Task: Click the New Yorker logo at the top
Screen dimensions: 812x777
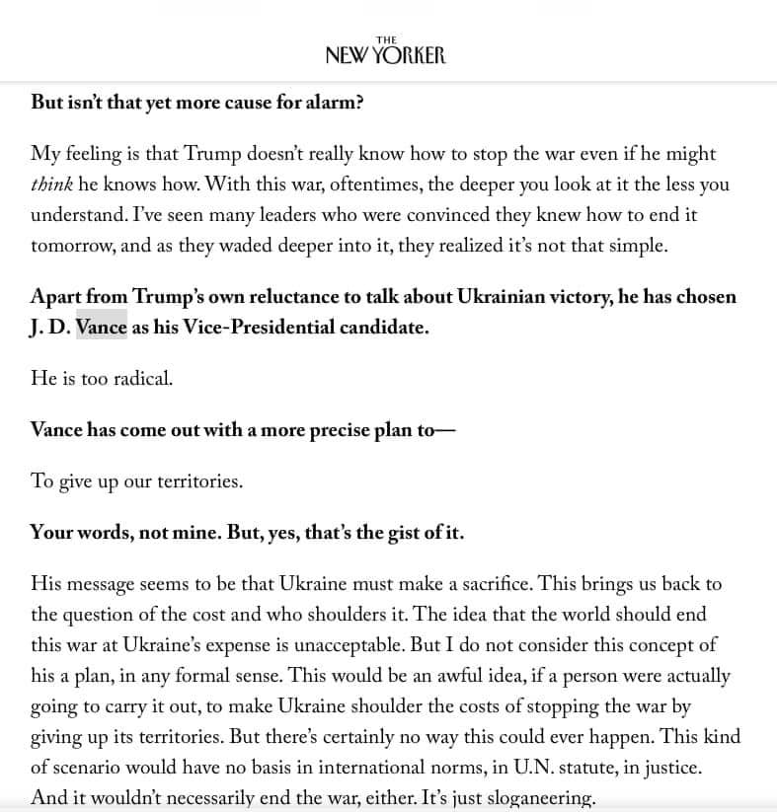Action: pos(385,51)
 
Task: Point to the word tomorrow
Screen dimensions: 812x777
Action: pos(74,246)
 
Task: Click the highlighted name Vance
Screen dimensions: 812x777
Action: pos(102,328)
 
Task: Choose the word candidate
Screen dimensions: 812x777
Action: pos(380,328)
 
